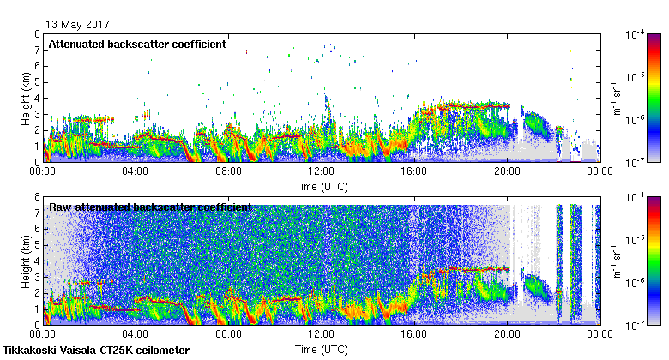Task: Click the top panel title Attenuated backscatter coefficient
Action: coord(137,44)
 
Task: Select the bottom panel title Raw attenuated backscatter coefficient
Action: coord(150,207)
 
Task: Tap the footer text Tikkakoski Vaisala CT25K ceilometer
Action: coord(96,351)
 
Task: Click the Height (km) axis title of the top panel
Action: coord(26,98)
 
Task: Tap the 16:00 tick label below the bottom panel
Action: coord(413,335)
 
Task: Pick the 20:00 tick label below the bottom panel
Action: coord(506,335)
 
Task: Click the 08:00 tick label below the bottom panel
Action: coord(228,335)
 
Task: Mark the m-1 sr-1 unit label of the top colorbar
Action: coord(614,98)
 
